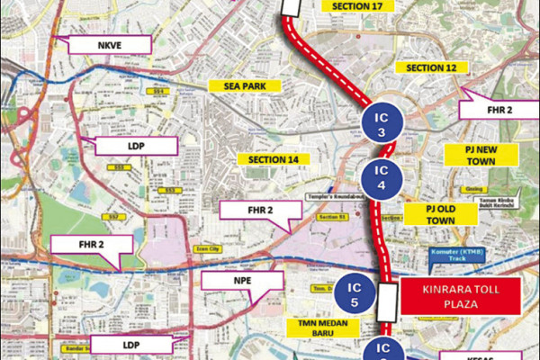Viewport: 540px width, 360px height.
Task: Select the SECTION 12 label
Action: click(437, 68)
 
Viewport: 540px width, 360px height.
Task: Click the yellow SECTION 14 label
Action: click(267, 158)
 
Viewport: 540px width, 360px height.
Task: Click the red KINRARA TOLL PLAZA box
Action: click(460, 296)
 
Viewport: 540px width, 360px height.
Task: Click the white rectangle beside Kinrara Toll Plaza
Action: click(387, 302)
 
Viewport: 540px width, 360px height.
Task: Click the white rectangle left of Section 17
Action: click(293, 6)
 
